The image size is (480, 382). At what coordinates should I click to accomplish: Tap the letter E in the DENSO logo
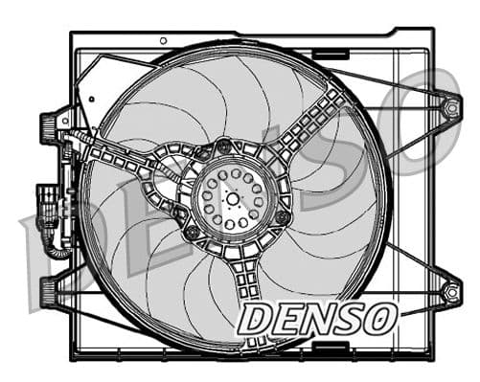point(289,322)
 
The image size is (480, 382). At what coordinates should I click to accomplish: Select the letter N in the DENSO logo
point(323,322)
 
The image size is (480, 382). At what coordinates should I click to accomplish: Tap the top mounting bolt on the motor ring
point(224,146)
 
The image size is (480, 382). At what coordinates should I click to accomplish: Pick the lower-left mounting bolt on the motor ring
point(192,233)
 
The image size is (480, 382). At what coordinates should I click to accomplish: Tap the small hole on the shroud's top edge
point(163,40)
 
